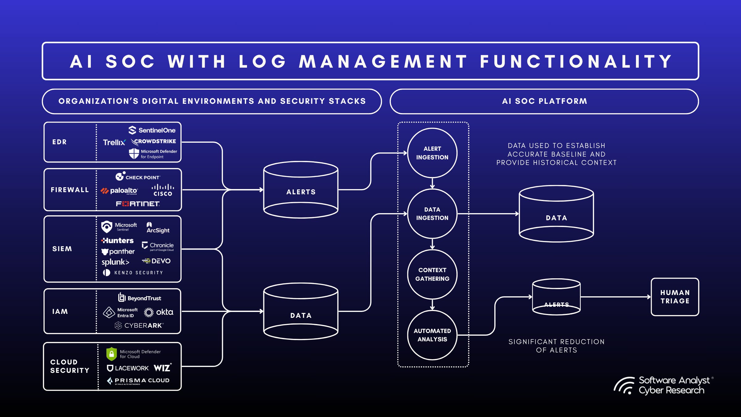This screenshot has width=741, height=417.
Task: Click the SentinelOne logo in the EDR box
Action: [x=152, y=130]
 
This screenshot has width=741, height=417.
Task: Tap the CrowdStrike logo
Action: [x=154, y=141]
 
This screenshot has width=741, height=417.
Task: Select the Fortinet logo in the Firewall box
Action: [x=138, y=204]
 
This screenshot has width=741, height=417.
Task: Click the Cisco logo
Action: [x=163, y=190]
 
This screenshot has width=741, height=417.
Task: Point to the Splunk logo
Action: [x=115, y=262]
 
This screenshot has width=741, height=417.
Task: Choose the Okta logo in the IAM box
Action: [x=159, y=312]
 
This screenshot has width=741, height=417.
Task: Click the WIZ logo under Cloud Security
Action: [x=162, y=368]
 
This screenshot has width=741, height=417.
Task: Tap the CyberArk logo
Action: [x=139, y=326]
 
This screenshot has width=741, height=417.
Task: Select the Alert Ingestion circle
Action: [x=432, y=153]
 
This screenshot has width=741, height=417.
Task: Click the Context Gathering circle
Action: [x=432, y=274]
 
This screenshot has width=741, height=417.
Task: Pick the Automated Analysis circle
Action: [x=432, y=335]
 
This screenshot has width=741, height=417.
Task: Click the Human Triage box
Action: [x=675, y=297]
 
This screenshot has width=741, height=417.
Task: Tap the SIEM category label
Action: [x=62, y=249]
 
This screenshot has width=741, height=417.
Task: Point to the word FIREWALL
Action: [x=70, y=190]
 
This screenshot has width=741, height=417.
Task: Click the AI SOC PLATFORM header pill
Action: [x=544, y=101]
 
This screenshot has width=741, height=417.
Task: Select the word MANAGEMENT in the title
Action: [x=383, y=61]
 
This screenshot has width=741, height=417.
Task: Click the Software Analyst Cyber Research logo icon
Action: [x=624, y=386]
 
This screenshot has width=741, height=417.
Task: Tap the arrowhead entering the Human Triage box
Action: [x=649, y=297]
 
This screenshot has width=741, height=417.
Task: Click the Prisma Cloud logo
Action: [x=138, y=381]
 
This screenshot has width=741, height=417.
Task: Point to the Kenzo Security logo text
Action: [x=138, y=273]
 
